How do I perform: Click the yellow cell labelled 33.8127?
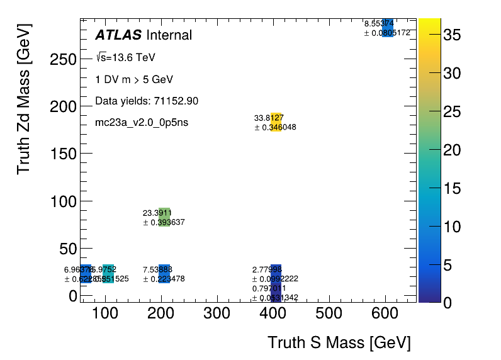(276, 122)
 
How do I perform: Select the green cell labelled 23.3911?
(164, 217)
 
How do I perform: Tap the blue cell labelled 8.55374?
(388, 28)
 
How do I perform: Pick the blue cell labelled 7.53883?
(164, 274)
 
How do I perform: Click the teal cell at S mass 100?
(108, 274)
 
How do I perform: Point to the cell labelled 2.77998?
(276, 274)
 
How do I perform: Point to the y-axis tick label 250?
(63, 59)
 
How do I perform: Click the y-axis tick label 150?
(63, 154)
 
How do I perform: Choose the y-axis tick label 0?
(72, 296)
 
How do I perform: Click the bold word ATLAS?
(118, 35)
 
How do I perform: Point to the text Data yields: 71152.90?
(147, 101)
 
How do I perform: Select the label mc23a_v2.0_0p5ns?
(142, 122)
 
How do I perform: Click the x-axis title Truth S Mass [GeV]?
(339, 343)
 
